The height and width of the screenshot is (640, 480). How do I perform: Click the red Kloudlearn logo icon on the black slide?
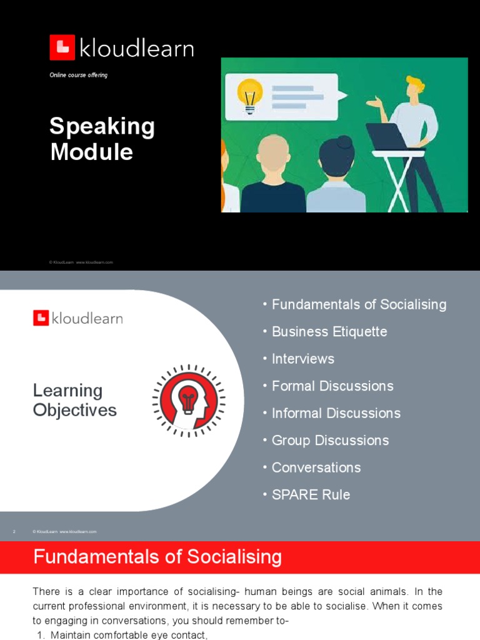point(62,47)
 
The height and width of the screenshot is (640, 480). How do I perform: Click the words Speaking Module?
point(102,139)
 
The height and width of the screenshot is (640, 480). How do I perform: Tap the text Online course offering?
point(79,75)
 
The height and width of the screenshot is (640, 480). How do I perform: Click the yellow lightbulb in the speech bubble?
point(249,94)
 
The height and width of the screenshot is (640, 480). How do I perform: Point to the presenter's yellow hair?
point(414,82)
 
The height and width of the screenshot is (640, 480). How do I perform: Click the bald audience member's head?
point(273,156)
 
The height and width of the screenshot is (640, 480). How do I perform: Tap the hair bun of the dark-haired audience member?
point(345,142)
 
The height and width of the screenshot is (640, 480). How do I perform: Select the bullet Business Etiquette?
point(329,332)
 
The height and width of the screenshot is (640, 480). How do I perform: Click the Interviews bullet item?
point(303,359)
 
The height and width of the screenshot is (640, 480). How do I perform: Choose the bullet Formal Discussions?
point(332,386)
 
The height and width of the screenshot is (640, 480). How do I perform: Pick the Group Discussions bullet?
point(330,441)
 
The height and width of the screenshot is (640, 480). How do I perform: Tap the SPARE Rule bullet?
point(311,495)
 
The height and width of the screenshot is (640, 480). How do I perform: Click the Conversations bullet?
point(316,467)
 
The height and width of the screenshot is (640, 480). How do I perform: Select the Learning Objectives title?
point(74,401)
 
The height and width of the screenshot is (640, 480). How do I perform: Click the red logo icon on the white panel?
point(41,318)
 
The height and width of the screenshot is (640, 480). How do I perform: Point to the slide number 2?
point(14,532)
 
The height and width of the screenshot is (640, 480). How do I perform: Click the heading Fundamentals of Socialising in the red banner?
point(157,557)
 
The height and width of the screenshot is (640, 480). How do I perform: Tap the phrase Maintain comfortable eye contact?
point(129,635)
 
